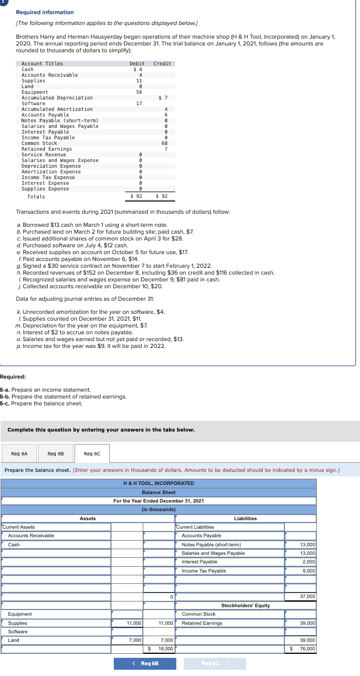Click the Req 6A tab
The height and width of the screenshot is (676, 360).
19,454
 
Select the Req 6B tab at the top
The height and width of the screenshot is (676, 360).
55,454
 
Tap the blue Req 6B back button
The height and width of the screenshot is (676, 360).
144,663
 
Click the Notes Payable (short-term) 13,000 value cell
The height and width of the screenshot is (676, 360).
301,545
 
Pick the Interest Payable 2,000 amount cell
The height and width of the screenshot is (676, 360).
301,562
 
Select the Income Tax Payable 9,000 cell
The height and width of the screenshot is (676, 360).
301,571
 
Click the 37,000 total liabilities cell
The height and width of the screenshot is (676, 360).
301,596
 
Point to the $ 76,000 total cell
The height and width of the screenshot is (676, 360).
301,648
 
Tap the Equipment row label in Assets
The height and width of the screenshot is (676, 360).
20,614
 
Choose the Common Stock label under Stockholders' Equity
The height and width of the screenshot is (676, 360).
198,614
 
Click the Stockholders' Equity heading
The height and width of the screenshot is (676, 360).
245,606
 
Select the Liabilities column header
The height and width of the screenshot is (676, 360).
245,519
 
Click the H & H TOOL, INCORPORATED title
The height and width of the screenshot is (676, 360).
159,483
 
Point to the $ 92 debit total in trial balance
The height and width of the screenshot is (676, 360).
136,196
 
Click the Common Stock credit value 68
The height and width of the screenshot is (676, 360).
164,143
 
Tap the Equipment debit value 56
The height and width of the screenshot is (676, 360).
139,92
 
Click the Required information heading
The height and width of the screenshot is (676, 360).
44,12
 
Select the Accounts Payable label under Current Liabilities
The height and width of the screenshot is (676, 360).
201,536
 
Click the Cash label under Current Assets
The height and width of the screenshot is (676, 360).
14,545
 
